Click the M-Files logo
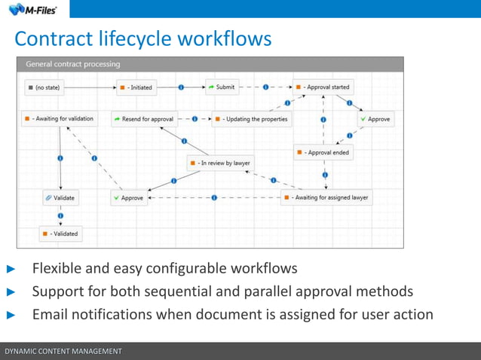(33, 9)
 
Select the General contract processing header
(73, 64)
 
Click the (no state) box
(45, 87)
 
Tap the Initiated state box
(136, 87)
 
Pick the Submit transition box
(222, 87)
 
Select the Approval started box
(323, 87)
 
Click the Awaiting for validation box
(59, 119)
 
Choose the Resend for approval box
(143, 119)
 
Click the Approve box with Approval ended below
(375, 119)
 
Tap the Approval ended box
(323, 152)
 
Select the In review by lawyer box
(220, 163)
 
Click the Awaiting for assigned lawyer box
(326, 197)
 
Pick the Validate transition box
(60, 198)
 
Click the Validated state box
(60, 233)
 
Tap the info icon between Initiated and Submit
(182, 87)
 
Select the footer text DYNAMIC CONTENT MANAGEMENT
(63, 352)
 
